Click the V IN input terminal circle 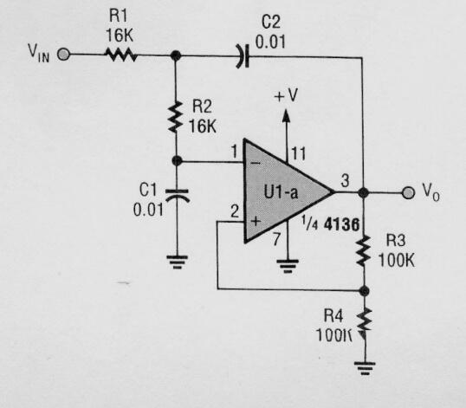63,55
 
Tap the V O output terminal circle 410,191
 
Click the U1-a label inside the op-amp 282,192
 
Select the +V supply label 286,94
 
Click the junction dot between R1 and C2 176,55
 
